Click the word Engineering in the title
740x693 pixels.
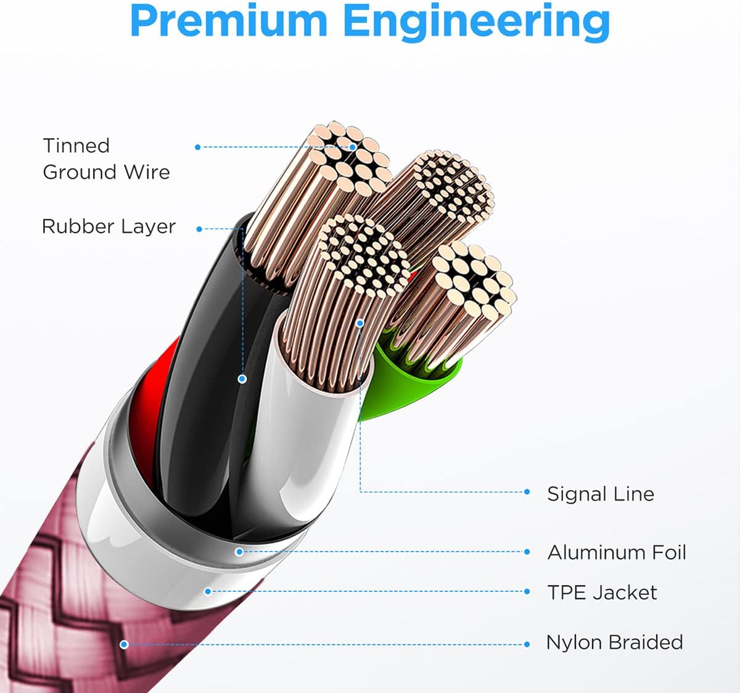click(476, 22)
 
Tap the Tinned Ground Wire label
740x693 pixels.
click(106, 158)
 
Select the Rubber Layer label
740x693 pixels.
click(109, 226)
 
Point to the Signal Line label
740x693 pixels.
click(600, 494)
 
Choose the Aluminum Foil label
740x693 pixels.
click(616, 552)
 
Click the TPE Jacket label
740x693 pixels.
click(602, 593)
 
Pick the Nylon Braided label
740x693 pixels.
click(614, 642)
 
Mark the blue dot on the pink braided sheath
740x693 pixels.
click(124, 644)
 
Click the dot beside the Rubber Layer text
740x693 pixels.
click(199, 229)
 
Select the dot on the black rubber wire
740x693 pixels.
click(242, 379)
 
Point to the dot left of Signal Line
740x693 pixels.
click(527, 492)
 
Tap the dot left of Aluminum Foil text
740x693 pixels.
click(527, 552)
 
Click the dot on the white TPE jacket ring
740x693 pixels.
click(208, 591)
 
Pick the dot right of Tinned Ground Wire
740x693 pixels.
click(197, 147)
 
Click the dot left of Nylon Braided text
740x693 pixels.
click(527, 644)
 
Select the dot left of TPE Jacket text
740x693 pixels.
click(527, 591)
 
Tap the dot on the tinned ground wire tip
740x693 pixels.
click(353, 147)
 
